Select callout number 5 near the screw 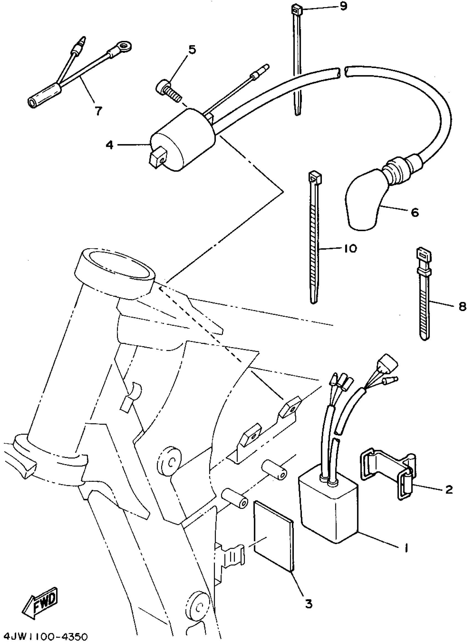tap(192, 49)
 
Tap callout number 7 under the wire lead tap(98, 111)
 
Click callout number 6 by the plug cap tap(415, 212)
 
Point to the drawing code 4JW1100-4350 tap(44, 636)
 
